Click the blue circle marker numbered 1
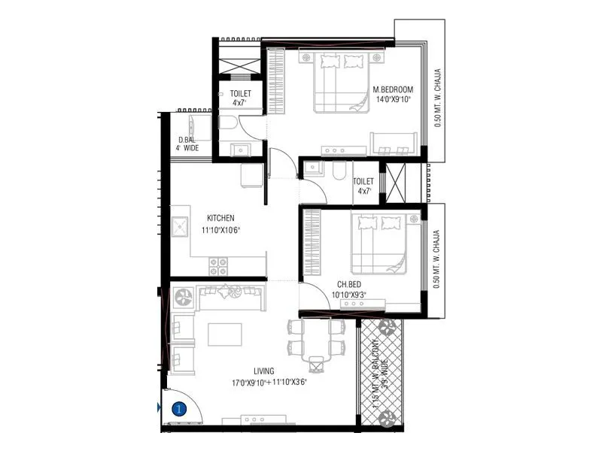(x=179, y=410)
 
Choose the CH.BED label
(x=351, y=285)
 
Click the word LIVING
(x=263, y=371)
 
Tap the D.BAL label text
(x=187, y=140)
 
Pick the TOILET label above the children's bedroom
(x=363, y=181)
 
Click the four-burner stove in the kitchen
(x=217, y=266)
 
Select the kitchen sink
(x=181, y=228)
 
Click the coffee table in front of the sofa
(x=225, y=334)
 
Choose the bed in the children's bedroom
(x=381, y=243)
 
